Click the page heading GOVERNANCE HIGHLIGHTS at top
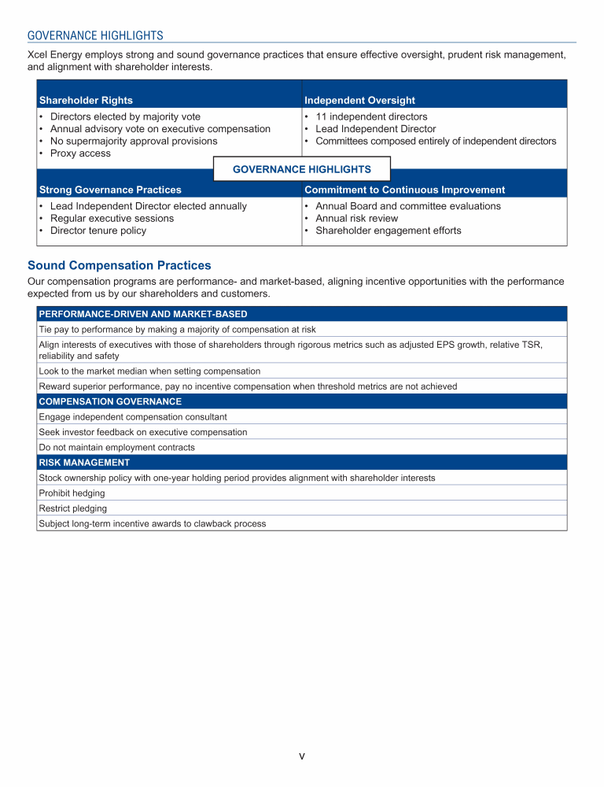click(x=95, y=35)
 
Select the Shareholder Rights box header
click(x=86, y=100)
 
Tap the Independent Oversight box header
click(x=359, y=100)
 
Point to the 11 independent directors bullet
click(x=371, y=116)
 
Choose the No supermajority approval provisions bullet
click(x=134, y=141)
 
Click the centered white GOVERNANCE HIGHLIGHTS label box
click(x=302, y=169)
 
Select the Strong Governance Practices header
click(x=110, y=190)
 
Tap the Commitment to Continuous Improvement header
click(x=404, y=190)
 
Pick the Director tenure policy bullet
click(x=98, y=231)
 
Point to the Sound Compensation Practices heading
click(x=119, y=266)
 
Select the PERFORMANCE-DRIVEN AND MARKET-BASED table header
click(x=143, y=314)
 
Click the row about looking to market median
click(x=149, y=371)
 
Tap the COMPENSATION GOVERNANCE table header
click(x=110, y=401)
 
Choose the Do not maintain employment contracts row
click(x=116, y=447)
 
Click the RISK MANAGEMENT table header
click(x=84, y=462)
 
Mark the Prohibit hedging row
click(x=72, y=493)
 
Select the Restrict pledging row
click(x=72, y=508)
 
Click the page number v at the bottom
click(x=302, y=756)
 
